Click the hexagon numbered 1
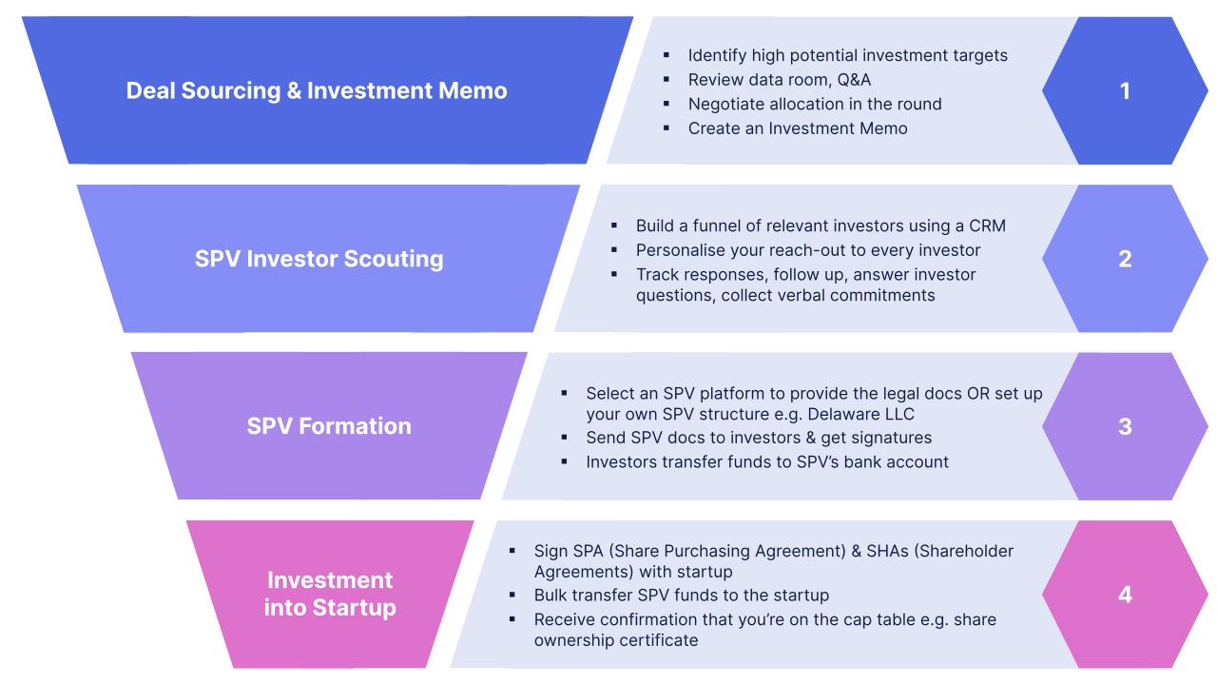[1125, 91]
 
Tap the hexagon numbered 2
[1125, 259]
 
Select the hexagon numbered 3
[1125, 426]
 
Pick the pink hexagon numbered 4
[1125, 595]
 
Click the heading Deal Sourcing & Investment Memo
[317, 91]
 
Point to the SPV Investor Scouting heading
[319, 259]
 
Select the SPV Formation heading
[329, 426]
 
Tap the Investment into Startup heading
[329, 594]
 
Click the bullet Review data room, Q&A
[779, 79]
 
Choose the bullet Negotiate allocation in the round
[814, 104]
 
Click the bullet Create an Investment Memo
[797, 127]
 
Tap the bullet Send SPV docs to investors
[758, 438]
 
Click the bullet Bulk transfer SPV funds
[681, 596]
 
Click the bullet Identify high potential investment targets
[847, 55]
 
